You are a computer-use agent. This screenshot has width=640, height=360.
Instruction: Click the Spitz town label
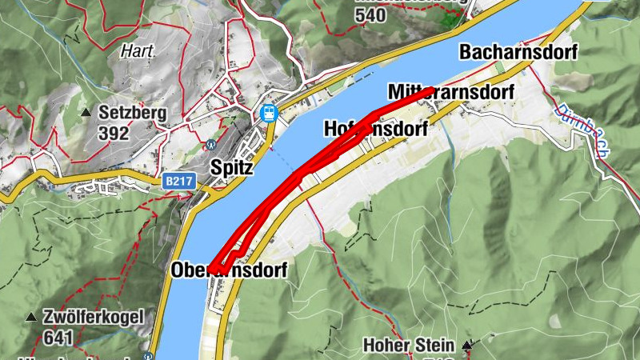point(231,168)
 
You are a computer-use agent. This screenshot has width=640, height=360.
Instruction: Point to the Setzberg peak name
point(133,113)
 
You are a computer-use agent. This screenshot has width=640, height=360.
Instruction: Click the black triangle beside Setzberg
point(86,112)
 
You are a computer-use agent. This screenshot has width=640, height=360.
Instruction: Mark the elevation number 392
point(114,133)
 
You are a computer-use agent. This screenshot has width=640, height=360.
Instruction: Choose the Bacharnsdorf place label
point(518,52)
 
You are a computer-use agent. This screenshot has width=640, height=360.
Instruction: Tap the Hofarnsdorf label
point(376,129)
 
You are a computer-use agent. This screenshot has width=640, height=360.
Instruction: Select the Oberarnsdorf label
point(228,271)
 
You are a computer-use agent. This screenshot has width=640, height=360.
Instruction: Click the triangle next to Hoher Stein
point(468,346)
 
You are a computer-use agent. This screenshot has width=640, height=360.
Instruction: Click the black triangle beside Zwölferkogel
point(31,317)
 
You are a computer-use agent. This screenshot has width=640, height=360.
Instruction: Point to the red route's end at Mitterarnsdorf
point(430,90)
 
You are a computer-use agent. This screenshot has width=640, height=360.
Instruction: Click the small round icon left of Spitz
point(211,145)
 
